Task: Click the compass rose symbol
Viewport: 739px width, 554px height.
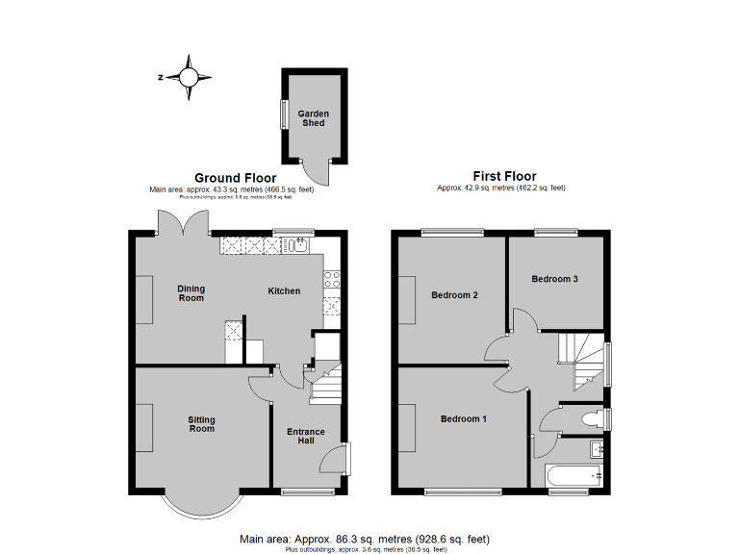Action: tap(190, 77)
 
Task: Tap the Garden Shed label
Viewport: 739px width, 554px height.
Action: tap(313, 118)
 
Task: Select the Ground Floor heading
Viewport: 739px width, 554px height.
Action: tap(236, 178)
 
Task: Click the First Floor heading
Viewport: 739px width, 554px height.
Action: tap(504, 176)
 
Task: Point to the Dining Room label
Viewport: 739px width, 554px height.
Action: tap(191, 293)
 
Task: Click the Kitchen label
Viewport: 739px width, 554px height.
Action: tap(284, 291)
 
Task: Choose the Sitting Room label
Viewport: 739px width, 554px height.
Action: tap(201, 424)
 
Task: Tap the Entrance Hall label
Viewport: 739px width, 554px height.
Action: tap(306, 436)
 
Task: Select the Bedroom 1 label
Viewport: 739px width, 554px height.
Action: tap(464, 419)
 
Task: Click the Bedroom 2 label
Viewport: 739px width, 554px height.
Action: tap(455, 295)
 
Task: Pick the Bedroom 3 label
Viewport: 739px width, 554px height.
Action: tap(555, 279)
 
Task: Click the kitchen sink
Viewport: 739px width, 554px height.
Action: tap(298, 245)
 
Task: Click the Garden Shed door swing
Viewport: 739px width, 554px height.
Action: tap(315, 173)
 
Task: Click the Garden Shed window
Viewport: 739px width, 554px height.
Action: tap(283, 113)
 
